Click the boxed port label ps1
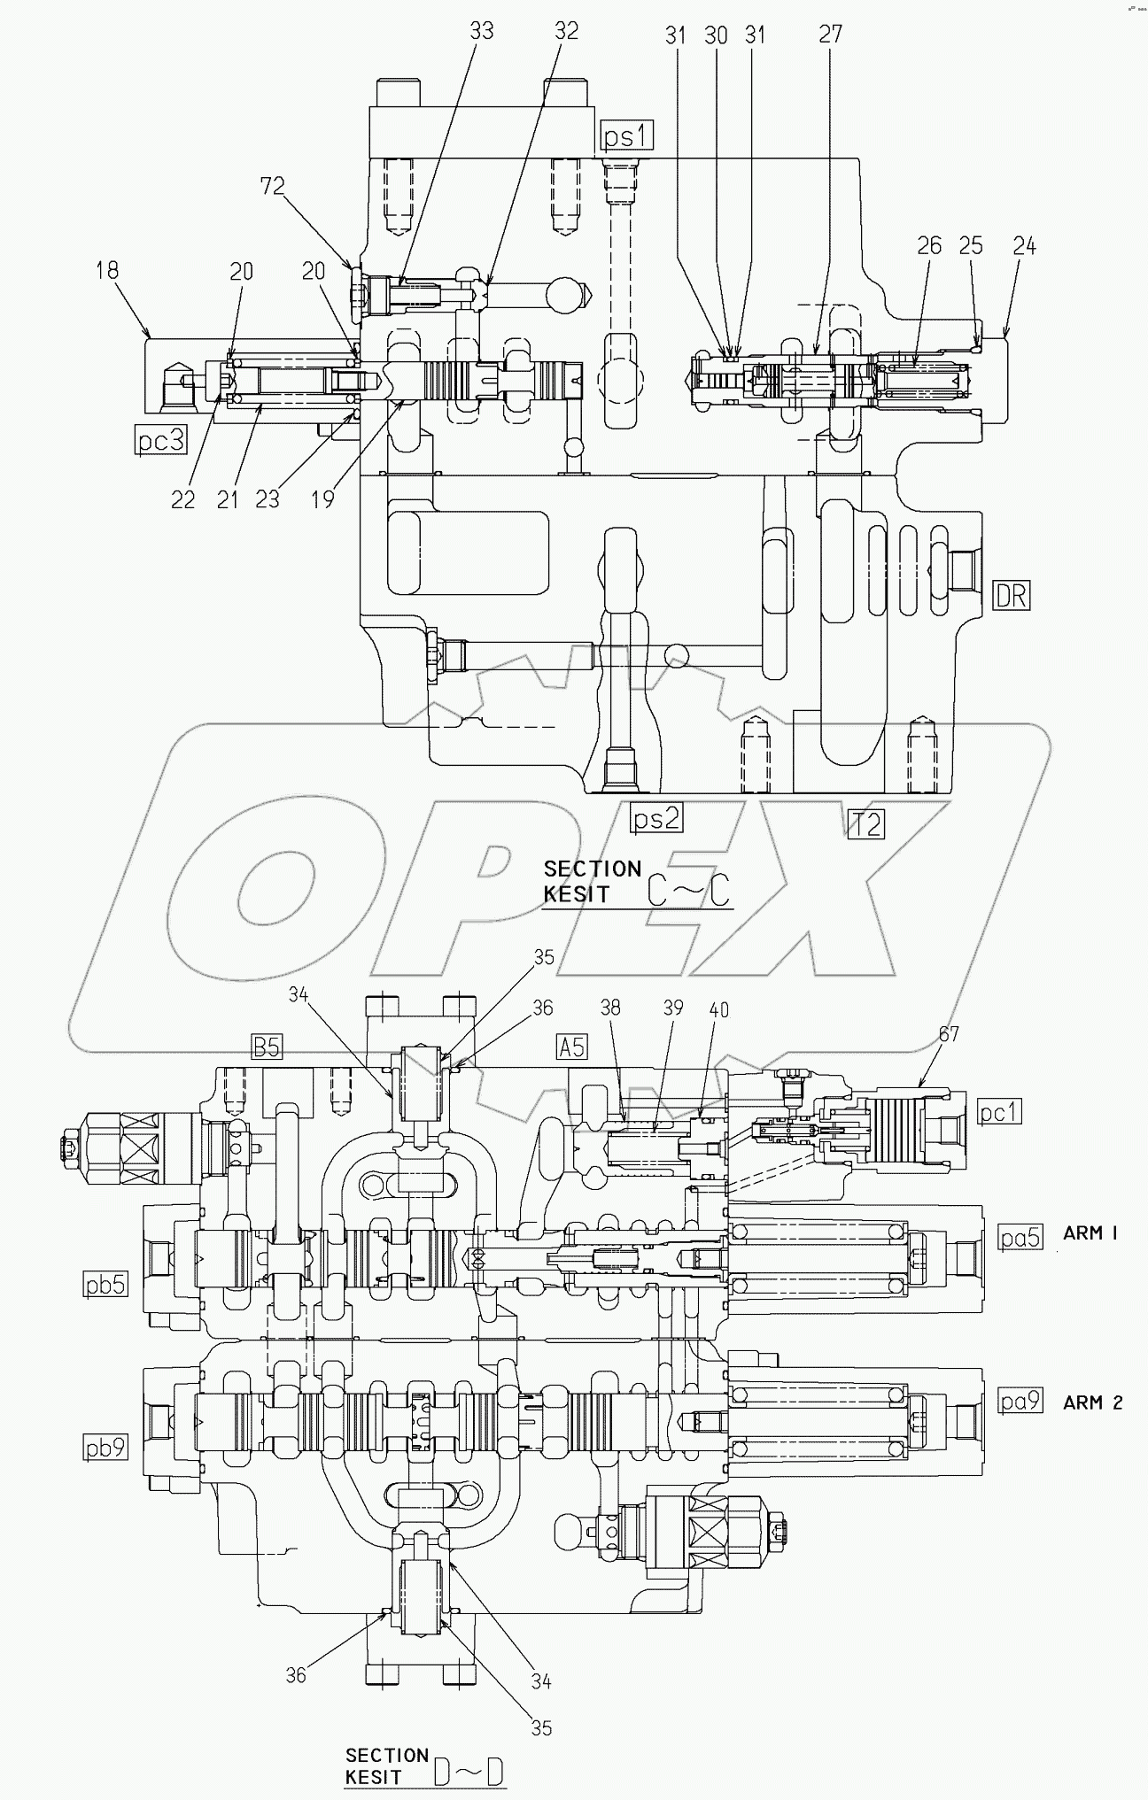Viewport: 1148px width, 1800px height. point(628,135)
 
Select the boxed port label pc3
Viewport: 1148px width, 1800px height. point(161,439)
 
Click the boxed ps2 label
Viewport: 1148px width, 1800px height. point(656,819)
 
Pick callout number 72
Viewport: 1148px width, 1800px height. point(272,185)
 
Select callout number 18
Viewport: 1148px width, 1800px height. point(107,270)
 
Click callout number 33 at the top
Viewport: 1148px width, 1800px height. point(481,31)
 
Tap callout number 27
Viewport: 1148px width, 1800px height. point(830,34)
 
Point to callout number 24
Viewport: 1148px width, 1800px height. point(1024,246)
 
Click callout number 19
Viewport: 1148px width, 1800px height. point(323,499)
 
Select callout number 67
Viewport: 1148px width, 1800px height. point(949,1033)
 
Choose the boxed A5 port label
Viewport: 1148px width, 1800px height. point(571,1047)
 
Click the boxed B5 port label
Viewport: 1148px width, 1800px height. point(267,1047)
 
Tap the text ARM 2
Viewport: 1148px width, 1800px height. point(1092,1402)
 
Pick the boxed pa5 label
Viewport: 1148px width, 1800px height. point(1019,1237)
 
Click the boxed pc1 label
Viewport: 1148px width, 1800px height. point(998,1112)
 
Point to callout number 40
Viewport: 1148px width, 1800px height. point(718,1009)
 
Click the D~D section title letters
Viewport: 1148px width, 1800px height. point(469,1773)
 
